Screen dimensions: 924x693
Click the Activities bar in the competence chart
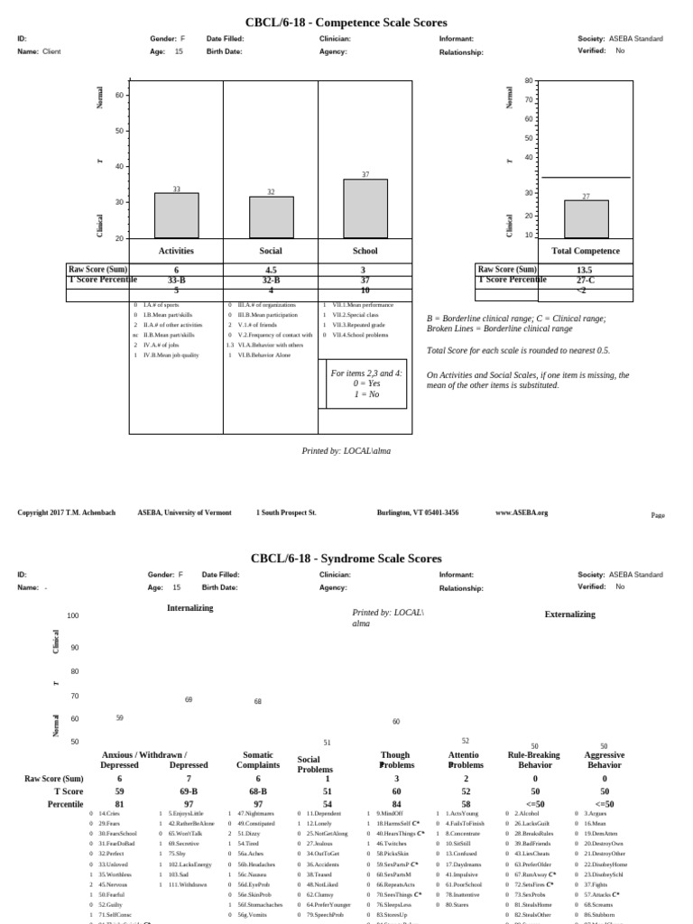(x=176, y=215)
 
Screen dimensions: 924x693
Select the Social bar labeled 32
(x=271, y=217)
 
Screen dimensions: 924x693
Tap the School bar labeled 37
(x=365, y=208)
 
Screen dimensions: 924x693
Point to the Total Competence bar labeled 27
(x=586, y=219)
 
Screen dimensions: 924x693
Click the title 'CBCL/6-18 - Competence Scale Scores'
(x=346, y=23)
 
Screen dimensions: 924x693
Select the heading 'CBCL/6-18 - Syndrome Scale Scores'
(x=346, y=559)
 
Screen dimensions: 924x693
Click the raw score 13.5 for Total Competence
(x=584, y=270)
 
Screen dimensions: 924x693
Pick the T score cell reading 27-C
(x=584, y=280)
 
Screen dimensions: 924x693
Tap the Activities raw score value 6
(x=176, y=270)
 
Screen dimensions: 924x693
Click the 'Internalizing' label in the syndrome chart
(x=189, y=608)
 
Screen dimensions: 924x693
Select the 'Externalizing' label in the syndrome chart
(x=569, y=614)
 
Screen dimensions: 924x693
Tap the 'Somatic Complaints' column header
(x=258, y=760)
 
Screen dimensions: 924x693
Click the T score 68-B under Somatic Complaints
(x=258, y=791)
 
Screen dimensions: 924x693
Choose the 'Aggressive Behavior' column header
(x=604, y=760)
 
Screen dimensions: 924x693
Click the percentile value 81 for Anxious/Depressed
(x=120, y=804)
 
